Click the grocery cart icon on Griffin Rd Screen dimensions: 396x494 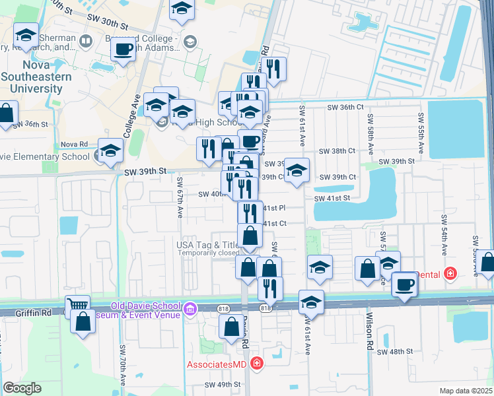78,306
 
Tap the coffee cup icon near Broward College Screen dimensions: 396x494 123,49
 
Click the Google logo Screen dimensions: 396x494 22,387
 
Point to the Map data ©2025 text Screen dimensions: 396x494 466,391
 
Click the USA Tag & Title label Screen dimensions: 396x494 207,245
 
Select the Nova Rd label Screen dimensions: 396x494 74,144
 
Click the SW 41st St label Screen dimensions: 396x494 332,198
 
